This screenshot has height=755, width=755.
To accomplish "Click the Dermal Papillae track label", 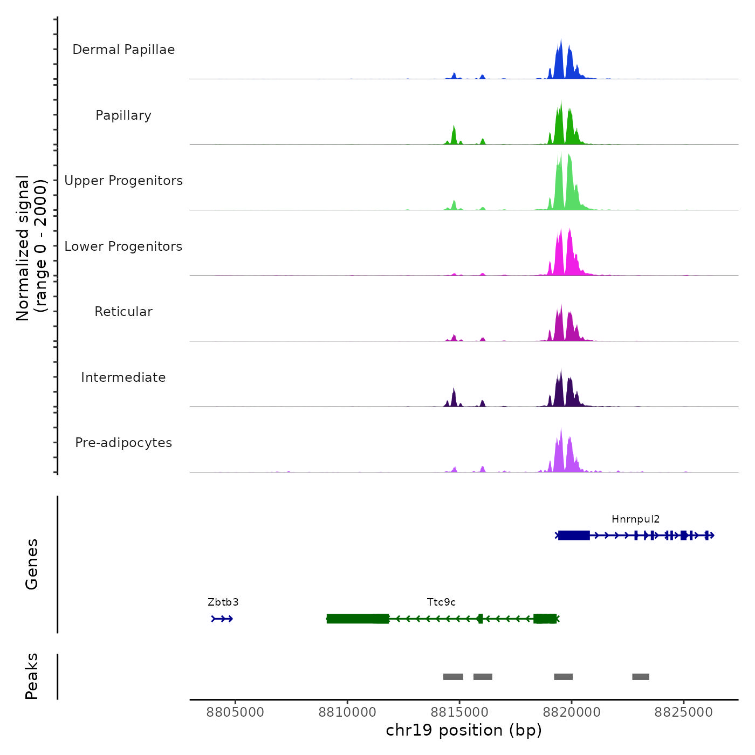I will click(123, 50).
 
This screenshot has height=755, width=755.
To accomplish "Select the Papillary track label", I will click(123, 115).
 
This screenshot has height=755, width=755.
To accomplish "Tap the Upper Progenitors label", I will click(123, 181).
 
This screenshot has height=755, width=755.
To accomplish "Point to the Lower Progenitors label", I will click(123, 246).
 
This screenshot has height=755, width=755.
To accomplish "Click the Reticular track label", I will click(123, 312).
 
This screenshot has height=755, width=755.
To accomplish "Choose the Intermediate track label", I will click(123, 377).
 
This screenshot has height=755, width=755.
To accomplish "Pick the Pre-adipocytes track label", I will click(123, 443).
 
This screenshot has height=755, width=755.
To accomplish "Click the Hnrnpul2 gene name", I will click(635, 519).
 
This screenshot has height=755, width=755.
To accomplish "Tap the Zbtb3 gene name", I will click(223, 602).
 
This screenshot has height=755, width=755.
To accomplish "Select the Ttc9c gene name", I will click(441, 602).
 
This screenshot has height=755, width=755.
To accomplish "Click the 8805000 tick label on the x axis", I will click(235, 712).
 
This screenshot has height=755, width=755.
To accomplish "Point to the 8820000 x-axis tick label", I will click(572, 712).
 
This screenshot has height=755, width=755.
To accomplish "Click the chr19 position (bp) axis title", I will click(464, 730).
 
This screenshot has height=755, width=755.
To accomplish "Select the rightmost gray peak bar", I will click(641, 677).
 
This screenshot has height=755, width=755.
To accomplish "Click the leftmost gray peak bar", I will click(453, 677).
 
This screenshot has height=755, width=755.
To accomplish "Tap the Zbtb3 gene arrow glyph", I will click(222, 619).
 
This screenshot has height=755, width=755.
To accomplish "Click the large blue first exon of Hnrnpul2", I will click(574, 535).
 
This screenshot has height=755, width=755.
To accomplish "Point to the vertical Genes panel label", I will click(32, 564).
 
